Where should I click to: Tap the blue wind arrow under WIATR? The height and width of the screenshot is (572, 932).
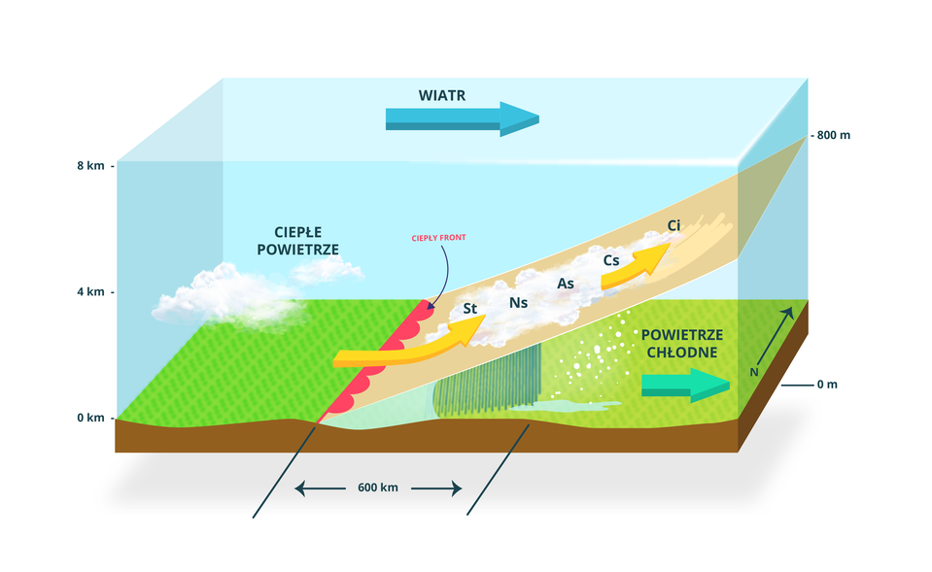461,118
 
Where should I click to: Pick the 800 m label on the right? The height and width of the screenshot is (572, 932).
832,135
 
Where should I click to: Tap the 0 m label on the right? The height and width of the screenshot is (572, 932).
826,385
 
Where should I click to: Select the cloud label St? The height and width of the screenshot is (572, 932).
470,309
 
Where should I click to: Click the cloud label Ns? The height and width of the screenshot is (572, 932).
518,303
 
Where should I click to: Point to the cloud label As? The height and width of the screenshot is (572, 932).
565,284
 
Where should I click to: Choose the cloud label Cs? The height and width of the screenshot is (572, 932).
611,260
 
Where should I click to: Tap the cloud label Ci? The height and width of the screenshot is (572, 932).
673,226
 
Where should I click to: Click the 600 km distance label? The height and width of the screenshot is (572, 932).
377,488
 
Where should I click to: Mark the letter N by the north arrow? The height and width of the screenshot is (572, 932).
753,372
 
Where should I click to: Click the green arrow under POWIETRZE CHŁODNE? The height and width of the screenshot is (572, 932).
684,385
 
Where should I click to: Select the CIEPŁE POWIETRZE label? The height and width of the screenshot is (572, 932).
297,241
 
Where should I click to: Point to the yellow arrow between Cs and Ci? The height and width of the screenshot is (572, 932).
637,266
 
